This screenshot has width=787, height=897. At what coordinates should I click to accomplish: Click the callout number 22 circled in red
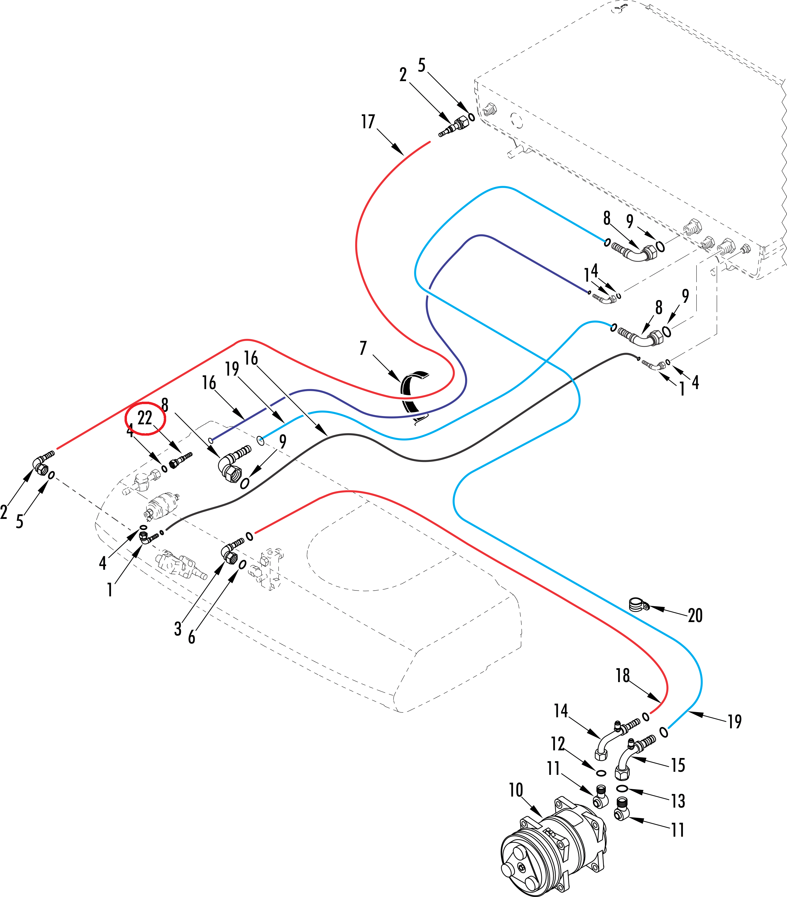(x=145, y=418)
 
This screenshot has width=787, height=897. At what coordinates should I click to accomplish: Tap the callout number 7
(x=363, y=348)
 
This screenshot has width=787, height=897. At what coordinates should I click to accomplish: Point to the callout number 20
(x=695, y=615)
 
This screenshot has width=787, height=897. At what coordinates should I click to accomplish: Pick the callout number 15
(x=678, y=765)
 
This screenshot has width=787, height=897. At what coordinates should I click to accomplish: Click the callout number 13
(x=678, y=801)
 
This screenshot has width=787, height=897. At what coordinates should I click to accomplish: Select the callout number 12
(x=558, y=744)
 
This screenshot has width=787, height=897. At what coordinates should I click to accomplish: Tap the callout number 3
(x=178, y=629)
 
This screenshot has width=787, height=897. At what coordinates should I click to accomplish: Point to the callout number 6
(x=192, y=637)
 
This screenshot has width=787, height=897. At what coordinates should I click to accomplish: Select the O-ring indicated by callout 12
(x=602, y=772)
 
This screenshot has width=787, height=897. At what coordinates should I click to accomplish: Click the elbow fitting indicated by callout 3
(x=230, y=553)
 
